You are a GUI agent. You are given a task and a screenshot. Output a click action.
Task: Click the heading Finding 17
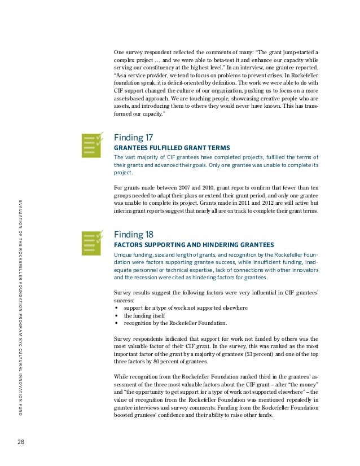pos(133,137)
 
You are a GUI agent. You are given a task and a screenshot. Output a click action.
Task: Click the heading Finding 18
pos(134,234)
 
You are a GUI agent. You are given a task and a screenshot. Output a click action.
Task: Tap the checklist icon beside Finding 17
pos(92,146)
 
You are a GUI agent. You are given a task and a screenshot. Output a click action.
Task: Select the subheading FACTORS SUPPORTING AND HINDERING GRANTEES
pos(194,245)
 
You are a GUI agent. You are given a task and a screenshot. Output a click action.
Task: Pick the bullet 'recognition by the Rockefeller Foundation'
pos(178,324)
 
